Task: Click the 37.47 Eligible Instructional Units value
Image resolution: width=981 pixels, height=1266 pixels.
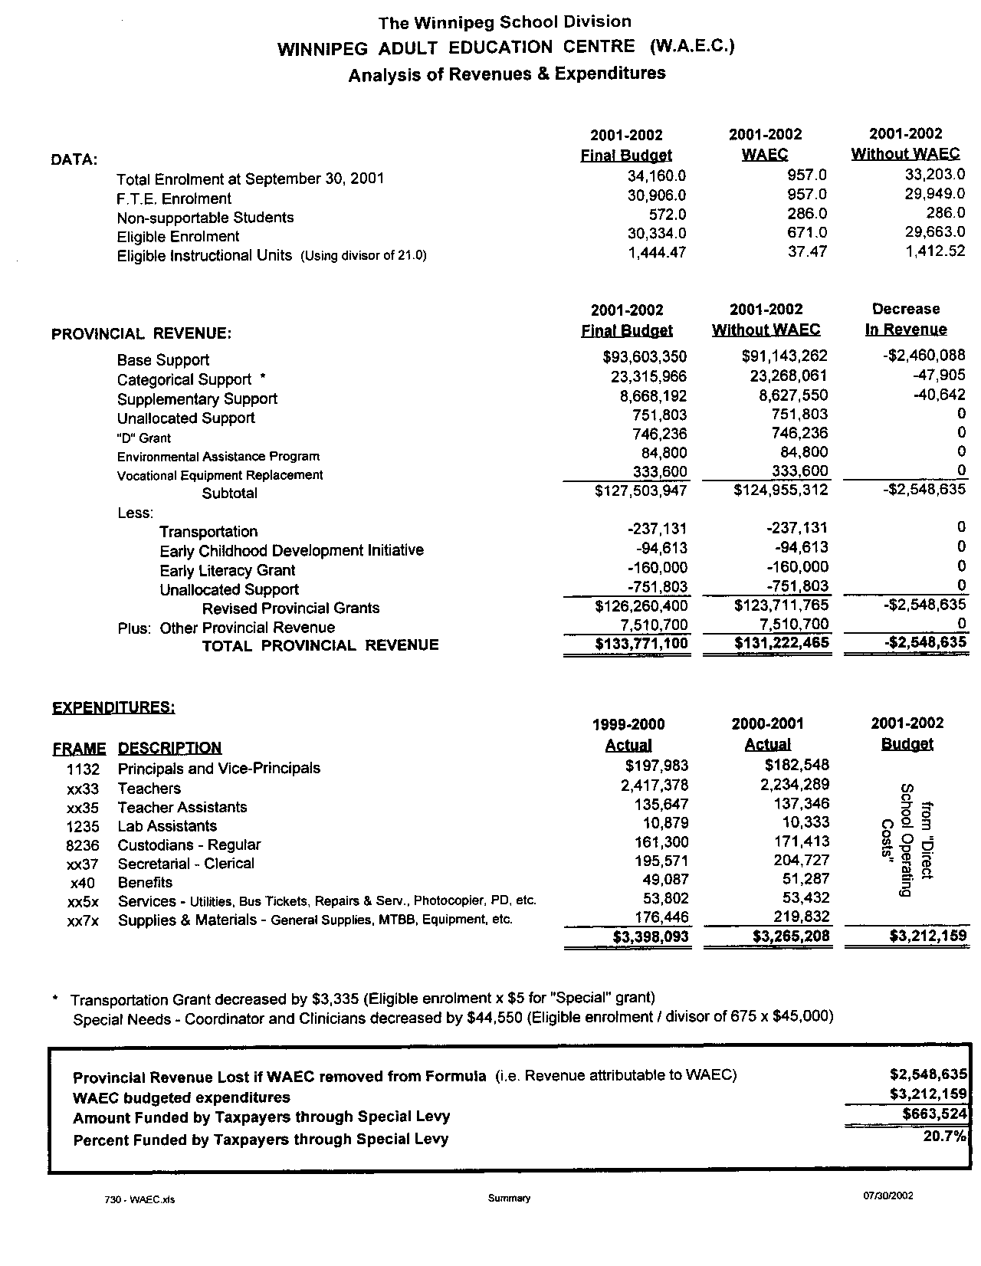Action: point(807,251)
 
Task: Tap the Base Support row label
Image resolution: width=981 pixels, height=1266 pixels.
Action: point(162,360)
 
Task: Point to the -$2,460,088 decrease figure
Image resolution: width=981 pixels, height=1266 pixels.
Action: point(920,356)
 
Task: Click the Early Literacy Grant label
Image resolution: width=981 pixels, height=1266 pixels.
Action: point(227,570)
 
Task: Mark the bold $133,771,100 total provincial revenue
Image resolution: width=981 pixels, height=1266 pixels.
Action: point(641,644)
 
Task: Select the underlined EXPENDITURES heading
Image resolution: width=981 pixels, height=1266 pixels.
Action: point(113,707)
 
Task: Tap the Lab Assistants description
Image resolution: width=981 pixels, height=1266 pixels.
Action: point(167,826)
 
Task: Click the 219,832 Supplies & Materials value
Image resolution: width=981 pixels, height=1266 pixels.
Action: point(798,917)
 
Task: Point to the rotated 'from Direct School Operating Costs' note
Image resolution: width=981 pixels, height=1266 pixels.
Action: point(907,840)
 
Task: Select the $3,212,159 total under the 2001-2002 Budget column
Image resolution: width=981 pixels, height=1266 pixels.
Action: point(927,936)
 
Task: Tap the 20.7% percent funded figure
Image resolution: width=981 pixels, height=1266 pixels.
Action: point(944,1136)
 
